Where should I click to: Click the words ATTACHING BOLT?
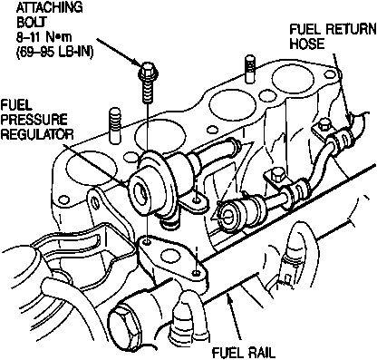50,15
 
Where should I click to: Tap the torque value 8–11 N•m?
44,37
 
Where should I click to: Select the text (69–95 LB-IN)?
54,52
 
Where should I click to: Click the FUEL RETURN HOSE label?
333,36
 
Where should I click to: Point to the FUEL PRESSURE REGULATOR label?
36,120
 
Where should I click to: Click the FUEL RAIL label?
244,353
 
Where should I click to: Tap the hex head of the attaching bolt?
148,70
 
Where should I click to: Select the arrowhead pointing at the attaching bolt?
138,64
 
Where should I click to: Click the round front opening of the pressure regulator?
140,194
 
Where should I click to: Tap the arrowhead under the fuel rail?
230,302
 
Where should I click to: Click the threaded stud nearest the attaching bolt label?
250,69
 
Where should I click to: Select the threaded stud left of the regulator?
114,124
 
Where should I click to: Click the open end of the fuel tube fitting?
227,216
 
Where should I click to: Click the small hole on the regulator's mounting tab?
197,200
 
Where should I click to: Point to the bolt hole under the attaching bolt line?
147,242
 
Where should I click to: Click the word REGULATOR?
37,133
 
